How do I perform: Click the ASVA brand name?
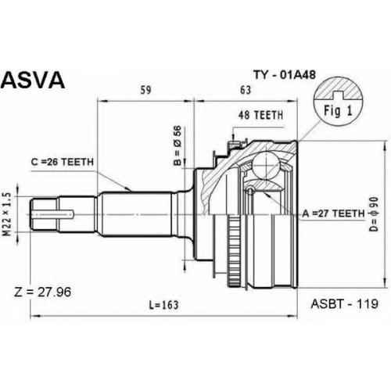tap(33, 80)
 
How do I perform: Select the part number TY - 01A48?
tap(285, 75)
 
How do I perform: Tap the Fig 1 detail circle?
tap(339, 101)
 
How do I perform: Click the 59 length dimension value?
tap(145, 90)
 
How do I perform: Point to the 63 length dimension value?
tap(246, 90)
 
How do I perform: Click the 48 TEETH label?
tap(260, 115)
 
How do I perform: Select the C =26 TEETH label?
tap(63, 162)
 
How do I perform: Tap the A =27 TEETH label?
tap(333, 213)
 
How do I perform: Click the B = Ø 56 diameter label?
tap(178, 145)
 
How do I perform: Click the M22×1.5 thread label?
tap(8, 214)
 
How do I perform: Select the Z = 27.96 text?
tap(42, 292)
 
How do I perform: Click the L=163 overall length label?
tap(163, 304)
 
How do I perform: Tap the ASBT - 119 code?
tap(344, 303)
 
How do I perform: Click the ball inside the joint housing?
tap(266, 165)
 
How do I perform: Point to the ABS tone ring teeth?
tap(235, 251)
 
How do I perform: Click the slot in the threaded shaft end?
tap(52, 214)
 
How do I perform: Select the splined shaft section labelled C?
tap(136, 214)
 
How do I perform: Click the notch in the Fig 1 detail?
tap(338, 95)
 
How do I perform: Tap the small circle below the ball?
tap(250, 189)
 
